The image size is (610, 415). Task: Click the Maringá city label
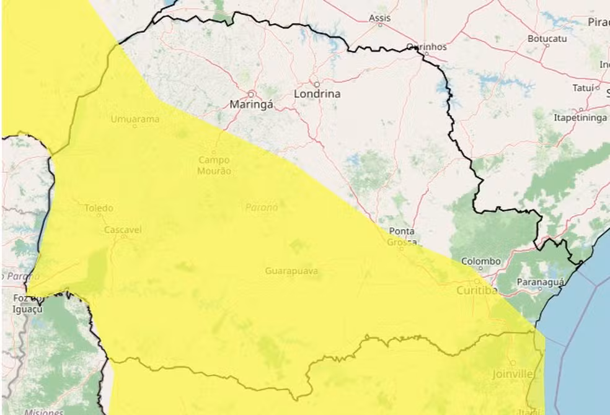coord(251,105)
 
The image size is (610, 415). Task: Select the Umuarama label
coord(135,118)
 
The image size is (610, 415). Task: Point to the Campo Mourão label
coord(214,165)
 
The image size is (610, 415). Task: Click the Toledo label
coord(99,208)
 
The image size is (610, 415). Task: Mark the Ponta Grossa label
coord(402,236)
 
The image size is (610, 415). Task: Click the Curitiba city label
coord(476,290)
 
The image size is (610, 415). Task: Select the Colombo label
coord(481,261)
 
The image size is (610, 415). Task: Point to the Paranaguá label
coord(541,282)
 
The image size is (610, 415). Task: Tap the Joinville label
coord(513,374)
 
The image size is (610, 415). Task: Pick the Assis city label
coord(379,18)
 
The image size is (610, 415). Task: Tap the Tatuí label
coord(583,87)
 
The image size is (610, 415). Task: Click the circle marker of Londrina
coord(316,84)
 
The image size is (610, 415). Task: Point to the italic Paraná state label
coord(261,207)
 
